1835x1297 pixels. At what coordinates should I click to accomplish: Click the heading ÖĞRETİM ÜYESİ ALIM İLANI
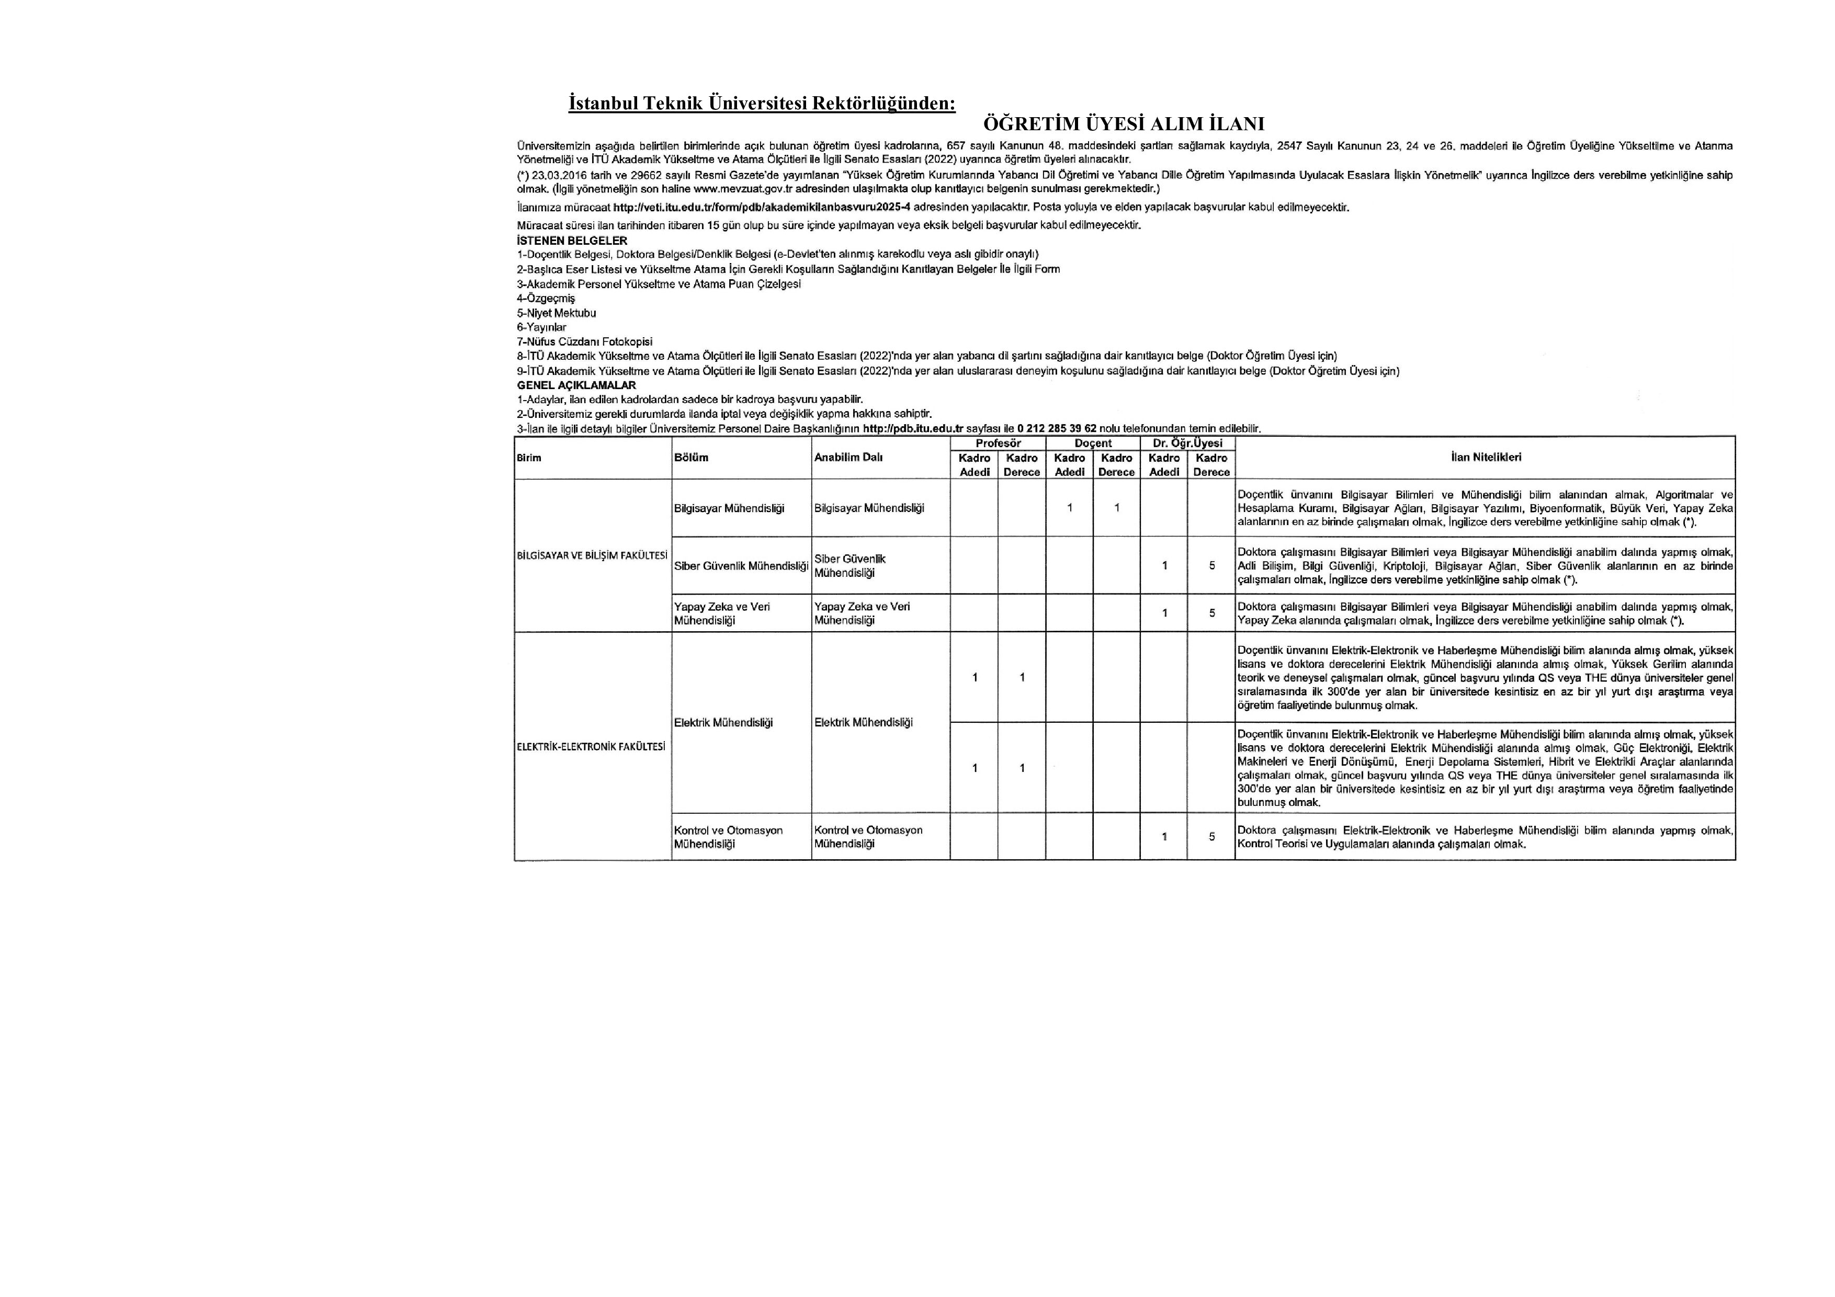point(1123,124)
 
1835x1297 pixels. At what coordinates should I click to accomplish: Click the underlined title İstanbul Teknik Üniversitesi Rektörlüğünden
point(762,104)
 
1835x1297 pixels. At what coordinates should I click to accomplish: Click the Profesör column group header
point(998,443)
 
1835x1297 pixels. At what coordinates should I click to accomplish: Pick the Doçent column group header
point(1093,443)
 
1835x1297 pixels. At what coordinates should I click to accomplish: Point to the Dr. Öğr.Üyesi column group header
point(1187,443)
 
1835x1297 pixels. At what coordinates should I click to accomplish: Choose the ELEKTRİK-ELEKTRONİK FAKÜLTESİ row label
point(592,746)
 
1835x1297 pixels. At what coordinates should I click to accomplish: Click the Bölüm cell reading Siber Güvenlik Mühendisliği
point(741,566)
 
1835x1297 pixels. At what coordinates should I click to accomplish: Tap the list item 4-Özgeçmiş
point(546,299)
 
